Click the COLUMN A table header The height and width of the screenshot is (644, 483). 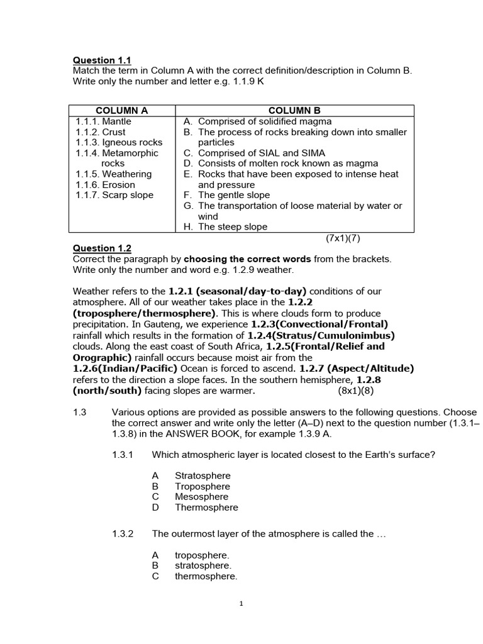click(121, 111)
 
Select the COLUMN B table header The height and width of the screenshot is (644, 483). click(295, 111)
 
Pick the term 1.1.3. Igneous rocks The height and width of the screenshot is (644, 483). click(119, 143)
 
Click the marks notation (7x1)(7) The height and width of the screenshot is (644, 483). click(343, 238)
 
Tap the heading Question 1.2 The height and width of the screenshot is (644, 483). click(102, 248)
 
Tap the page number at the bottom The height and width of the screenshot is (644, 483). click(241, 604)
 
